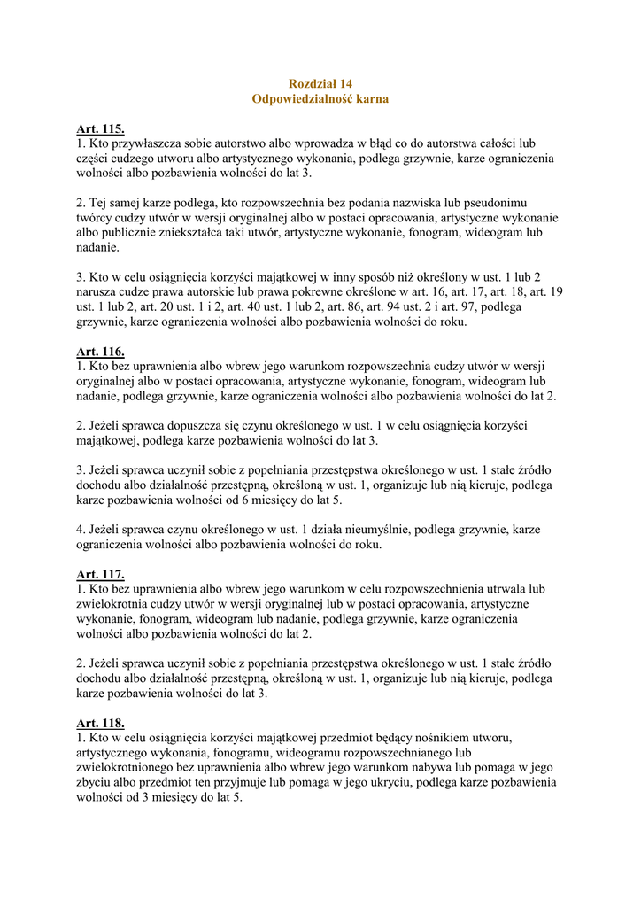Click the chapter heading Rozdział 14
click(x=320, y=83)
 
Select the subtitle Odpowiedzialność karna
click(x=320, y=99)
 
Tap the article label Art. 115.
click(x=100, y=129)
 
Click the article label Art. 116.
click(x=100, y=352)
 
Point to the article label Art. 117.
click(x=100, y=575)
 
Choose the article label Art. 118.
click(x=100, y=723)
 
